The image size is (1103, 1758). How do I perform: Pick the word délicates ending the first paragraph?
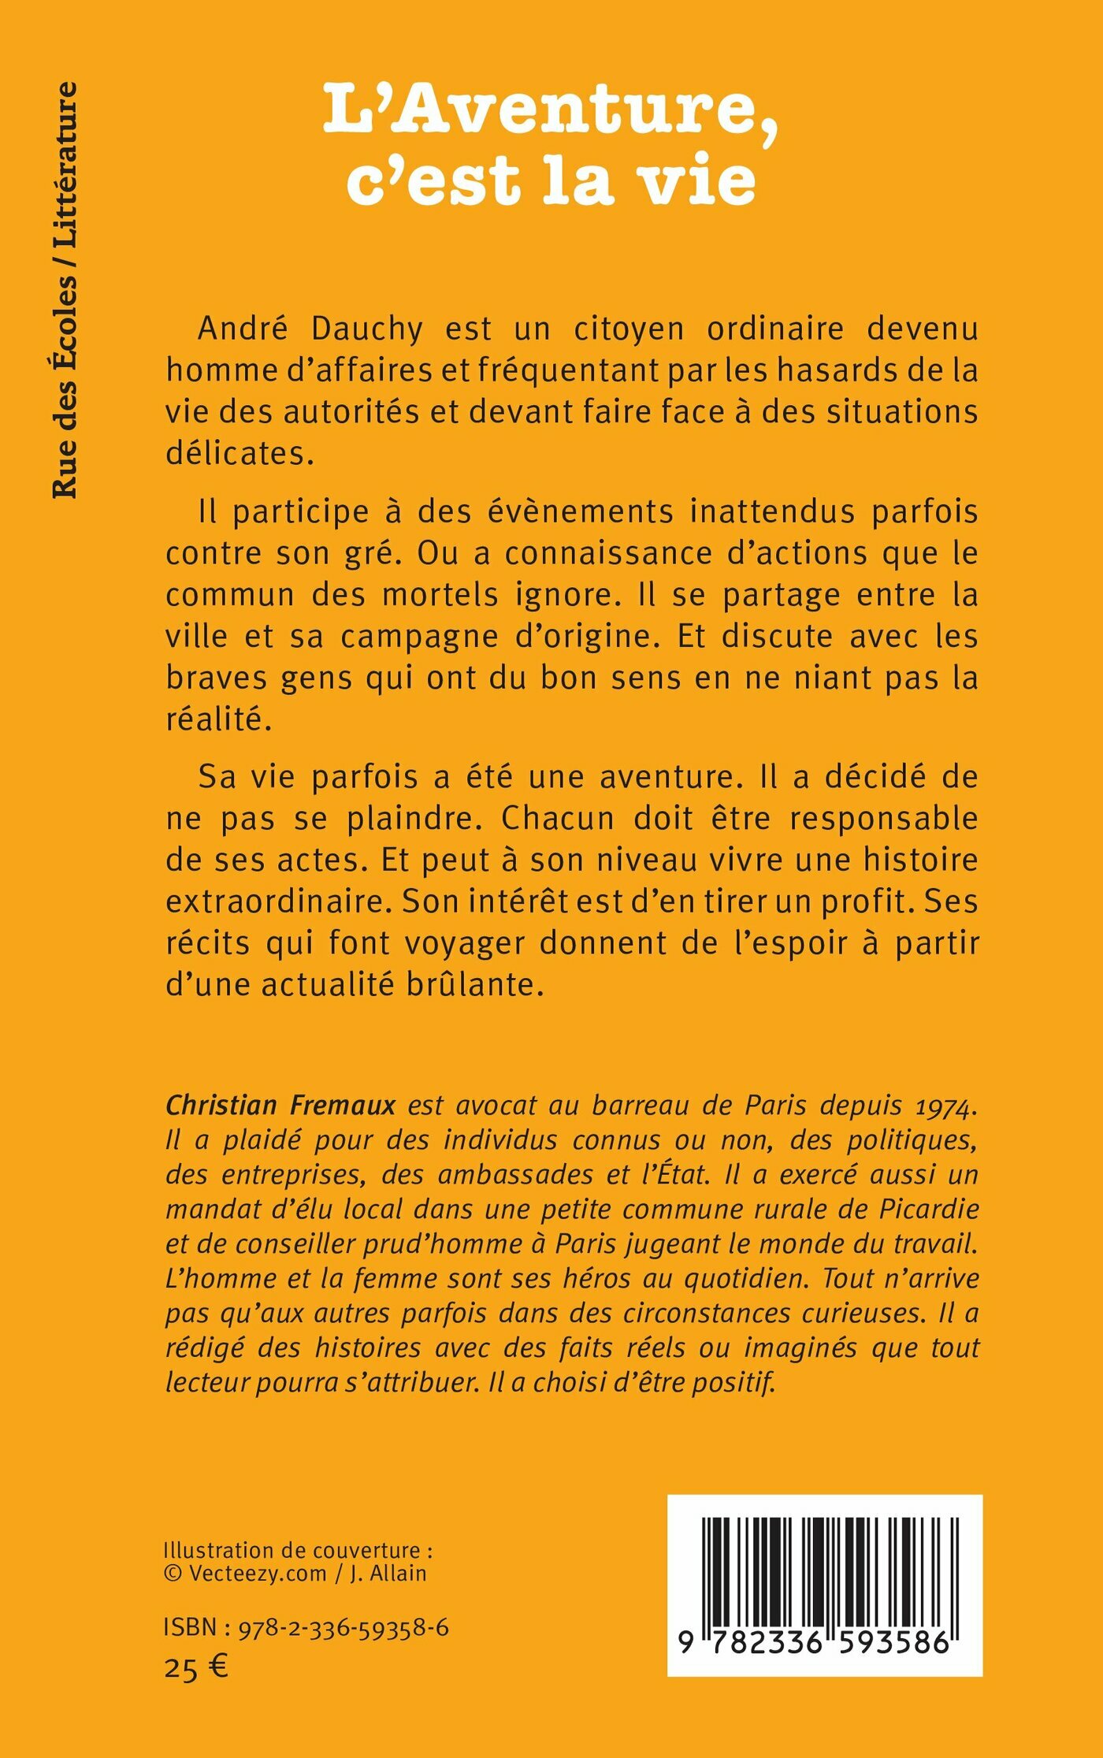point(240,454)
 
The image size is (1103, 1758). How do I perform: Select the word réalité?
point(218,719)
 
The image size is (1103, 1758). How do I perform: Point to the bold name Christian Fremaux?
point(280,1106)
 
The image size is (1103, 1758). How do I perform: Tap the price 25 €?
point(196,1668)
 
